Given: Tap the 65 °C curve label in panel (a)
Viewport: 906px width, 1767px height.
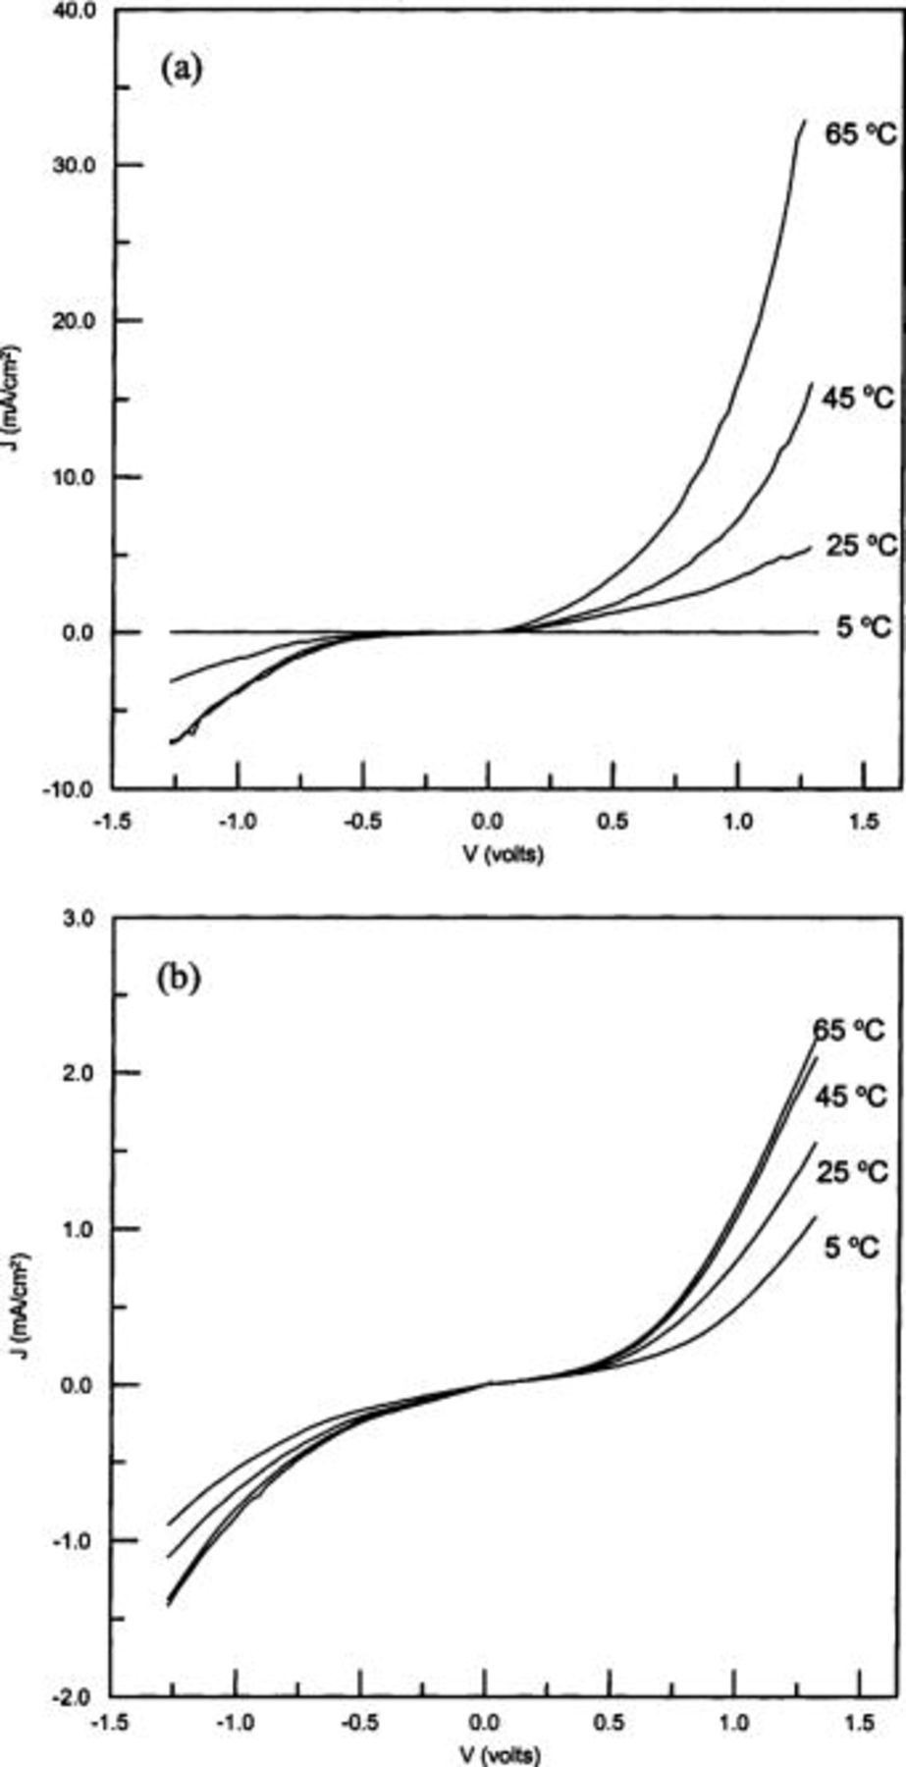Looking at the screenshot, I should click(860, 135).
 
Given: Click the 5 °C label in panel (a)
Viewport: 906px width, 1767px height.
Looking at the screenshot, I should click(864, 626).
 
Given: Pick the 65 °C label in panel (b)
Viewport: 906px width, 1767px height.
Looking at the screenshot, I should click(849, 1030).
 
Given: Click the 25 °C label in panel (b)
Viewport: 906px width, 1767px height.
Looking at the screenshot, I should click(851, 1172).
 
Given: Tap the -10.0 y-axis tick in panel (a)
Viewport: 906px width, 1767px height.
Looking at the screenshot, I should click(74, 788).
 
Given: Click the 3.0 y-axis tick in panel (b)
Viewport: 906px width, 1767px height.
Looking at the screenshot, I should click(80, 919).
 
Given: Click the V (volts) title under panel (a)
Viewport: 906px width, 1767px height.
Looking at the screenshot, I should click(503, 854).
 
